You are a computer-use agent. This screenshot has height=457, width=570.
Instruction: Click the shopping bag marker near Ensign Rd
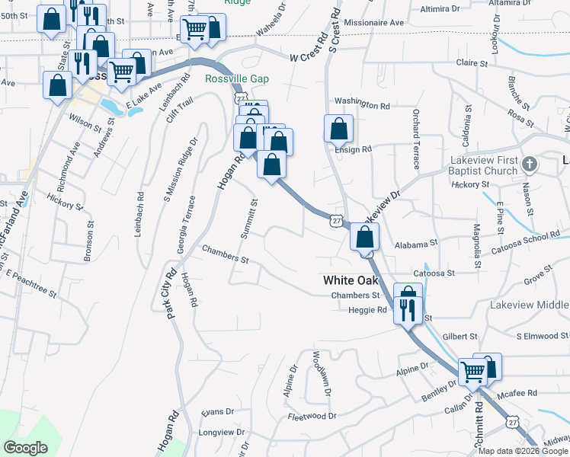click(x=338, y=129)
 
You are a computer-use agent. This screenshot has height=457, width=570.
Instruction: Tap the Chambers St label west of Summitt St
click(x=225, y=254)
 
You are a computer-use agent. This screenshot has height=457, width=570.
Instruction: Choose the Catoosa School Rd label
click(x=526, y=244)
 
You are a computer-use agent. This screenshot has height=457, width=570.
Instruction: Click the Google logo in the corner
click(x=25, y=448)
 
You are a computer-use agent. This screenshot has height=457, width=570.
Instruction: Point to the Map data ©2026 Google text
click(x=524, y=451)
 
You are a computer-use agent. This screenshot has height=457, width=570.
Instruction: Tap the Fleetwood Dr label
click(x=313, y=417)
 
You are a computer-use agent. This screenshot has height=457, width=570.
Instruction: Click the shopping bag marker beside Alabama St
click(x=365, y=237)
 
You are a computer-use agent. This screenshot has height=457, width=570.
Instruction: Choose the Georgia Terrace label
click(x=186, y=225)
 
